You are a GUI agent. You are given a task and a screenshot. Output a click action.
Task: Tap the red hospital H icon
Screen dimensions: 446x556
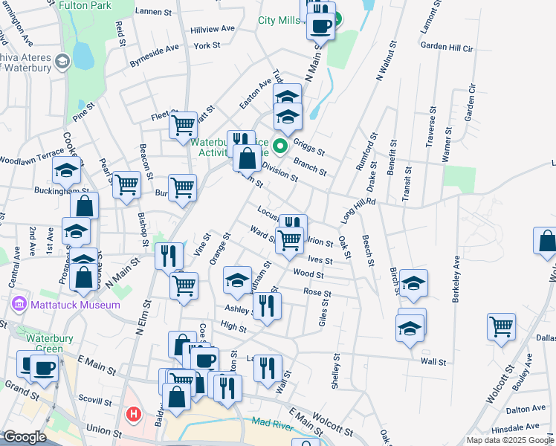click(135, 413)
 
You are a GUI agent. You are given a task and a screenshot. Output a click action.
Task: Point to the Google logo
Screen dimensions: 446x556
click(25, 437)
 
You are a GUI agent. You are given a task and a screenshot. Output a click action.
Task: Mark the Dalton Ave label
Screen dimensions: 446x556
click(522, 410)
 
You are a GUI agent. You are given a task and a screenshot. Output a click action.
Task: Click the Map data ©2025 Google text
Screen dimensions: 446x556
click(510, 440)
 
